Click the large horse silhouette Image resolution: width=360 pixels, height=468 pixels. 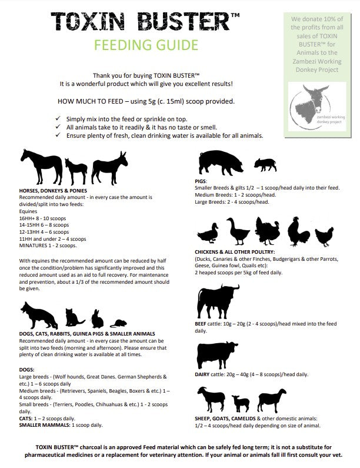(40, 165)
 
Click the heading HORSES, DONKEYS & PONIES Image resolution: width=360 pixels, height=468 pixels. (53, 191)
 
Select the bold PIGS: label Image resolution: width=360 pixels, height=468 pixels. (201, 181)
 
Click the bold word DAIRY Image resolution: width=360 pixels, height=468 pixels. (202, 374)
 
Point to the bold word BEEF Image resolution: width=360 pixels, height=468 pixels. (201, 324)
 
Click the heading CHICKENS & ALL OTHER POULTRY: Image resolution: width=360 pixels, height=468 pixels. (235, 251)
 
